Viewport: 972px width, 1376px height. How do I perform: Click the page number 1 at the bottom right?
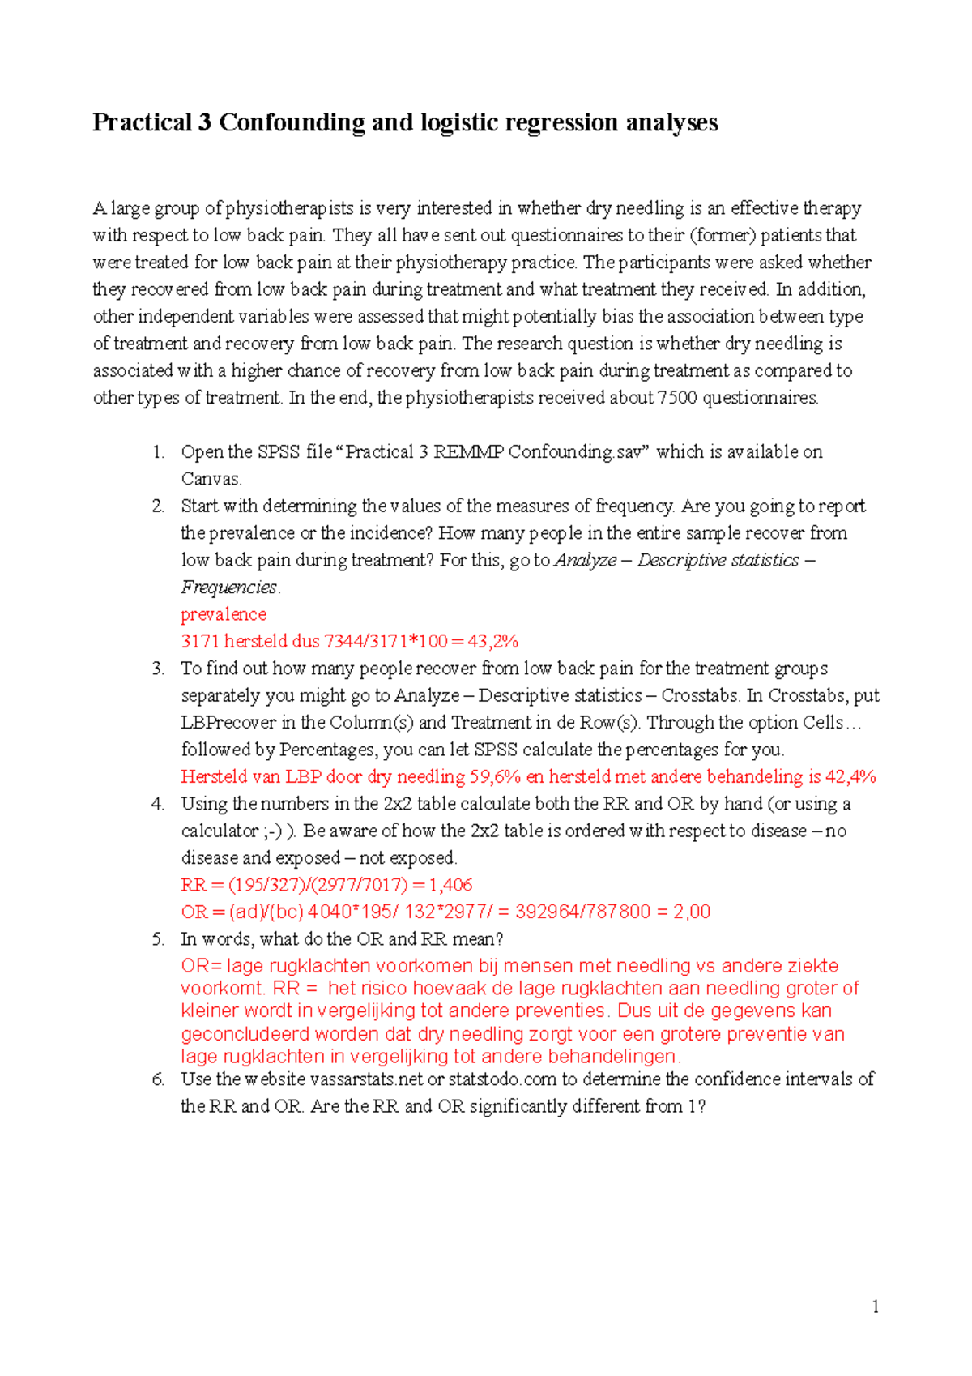tap(875, 1305)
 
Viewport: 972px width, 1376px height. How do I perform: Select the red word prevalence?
tap(224, 614)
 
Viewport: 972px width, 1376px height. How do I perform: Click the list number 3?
tap(158, 669)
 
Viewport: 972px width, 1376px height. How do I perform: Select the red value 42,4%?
tap(850, 776)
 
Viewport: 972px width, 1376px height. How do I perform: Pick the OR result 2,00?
tap(692, 912)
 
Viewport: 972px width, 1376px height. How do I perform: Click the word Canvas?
tap(211, 479)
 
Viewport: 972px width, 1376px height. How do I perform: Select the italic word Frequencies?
tap(229, 588)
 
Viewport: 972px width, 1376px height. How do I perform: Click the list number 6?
tap(158, 1079)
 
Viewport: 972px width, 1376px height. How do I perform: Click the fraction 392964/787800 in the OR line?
tap(582, 912)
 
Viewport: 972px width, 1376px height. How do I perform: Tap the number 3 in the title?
tap(204, 122)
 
